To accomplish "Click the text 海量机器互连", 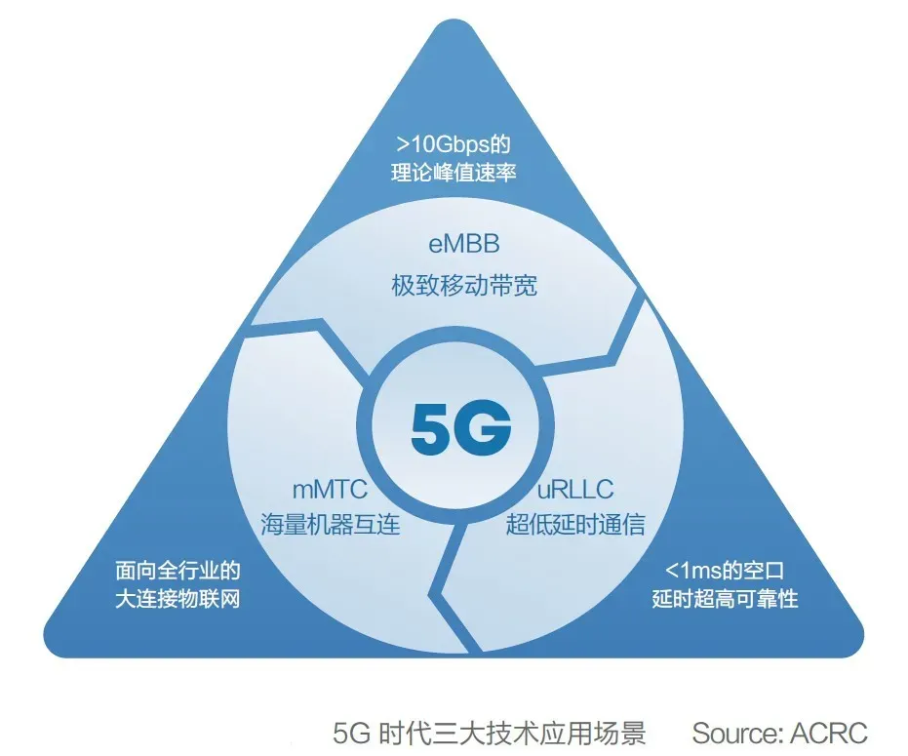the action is [x=330, y=524].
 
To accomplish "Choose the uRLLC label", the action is [x=574, y=487].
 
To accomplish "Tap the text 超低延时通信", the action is [x=574, y=524].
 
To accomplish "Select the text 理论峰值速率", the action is [x=453, y=174].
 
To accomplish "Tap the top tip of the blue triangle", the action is [x=454, y=21].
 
